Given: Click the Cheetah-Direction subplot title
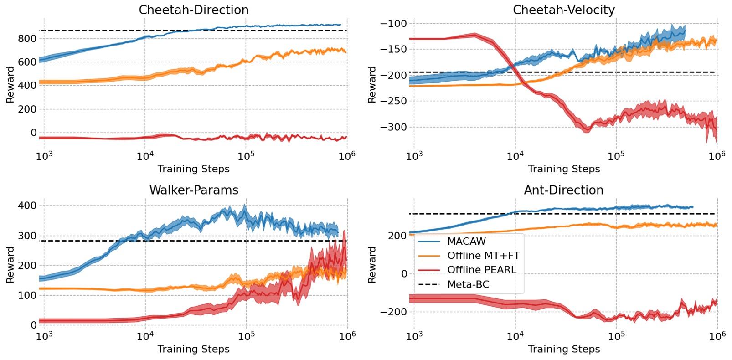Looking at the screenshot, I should coord(193,10).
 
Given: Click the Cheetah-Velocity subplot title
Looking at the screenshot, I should coord(563,10).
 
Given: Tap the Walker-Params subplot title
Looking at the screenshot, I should coord(193,190).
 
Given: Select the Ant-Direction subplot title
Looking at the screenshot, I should coord(563,190).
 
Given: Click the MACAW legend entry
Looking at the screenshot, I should coord(466,242).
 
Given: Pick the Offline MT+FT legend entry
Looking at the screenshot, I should coord(483,256).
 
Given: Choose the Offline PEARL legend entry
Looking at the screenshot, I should coord(481,270).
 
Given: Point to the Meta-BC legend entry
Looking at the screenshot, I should coord(468,284).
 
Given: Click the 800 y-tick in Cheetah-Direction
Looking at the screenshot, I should coord(27,39).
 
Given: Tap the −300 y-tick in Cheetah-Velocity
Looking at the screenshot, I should coord(393,127).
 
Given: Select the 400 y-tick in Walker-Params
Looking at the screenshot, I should coord(27,206).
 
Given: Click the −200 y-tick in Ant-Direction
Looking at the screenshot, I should coord(393,312).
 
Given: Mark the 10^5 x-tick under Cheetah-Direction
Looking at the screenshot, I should coord(246,156).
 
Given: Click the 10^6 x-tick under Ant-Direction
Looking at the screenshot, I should coord(717,336).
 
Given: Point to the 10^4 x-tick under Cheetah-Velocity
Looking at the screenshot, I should coord(515,156).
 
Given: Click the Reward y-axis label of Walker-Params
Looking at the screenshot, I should coord(10,265).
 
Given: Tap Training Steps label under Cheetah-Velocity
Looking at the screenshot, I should coord(563,169).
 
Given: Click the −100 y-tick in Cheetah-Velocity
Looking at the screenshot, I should coord(393,24).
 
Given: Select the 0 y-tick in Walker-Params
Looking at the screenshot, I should coord(33,325).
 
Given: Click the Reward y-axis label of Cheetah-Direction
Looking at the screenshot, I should coord(10,85).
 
